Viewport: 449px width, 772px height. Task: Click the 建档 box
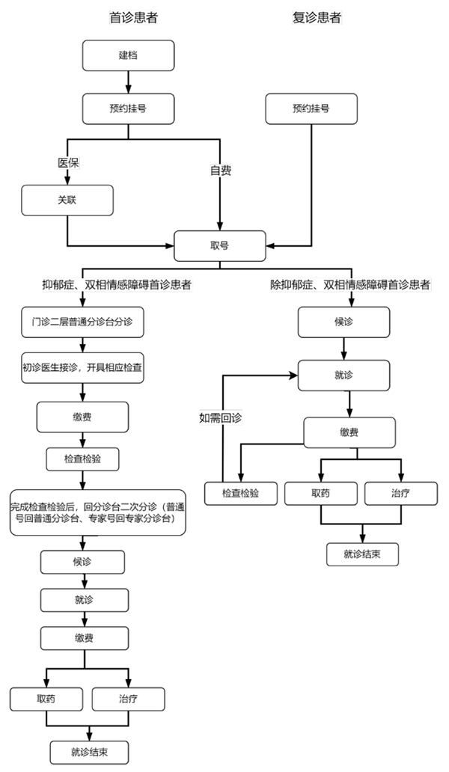pos(128,56)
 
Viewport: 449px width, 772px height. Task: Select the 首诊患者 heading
pos(133,17)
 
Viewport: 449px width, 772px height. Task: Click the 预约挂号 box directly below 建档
pos(128,108)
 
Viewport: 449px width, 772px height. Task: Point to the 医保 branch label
pos(69,162)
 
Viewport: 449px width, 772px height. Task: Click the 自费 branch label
pos(220,170)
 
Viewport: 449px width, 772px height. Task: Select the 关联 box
pos(67,200)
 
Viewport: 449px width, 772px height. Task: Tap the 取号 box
pos(219,245)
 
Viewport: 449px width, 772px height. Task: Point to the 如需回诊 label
pos(221,417)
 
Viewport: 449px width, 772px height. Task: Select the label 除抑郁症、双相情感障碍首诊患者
pos(350,285)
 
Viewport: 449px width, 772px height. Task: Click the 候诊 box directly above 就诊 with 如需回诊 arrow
pos(343,322)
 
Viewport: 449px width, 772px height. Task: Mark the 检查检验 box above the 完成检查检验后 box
pos(83,459)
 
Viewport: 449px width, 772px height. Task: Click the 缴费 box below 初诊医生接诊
pos(83,416)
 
